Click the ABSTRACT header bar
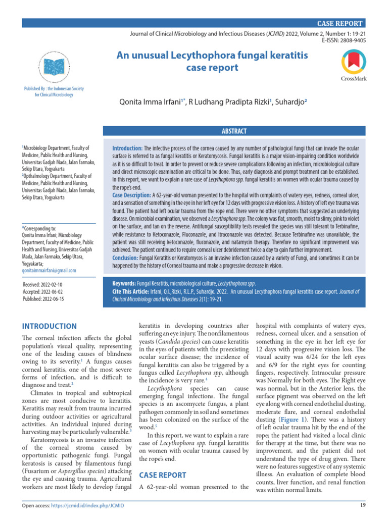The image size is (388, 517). pos(234,131)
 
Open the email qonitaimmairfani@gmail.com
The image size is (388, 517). pos(50,271)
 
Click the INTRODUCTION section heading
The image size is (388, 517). pos(50,326)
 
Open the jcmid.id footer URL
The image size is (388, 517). pos(91,506)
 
